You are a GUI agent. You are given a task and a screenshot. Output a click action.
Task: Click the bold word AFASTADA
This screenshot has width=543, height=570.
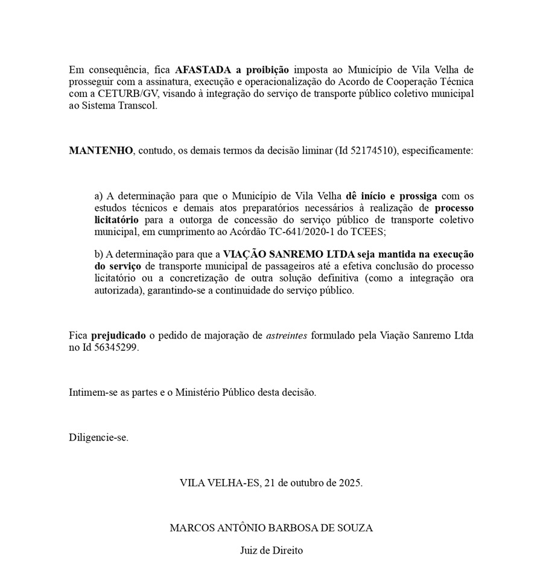click(x=203, y=69)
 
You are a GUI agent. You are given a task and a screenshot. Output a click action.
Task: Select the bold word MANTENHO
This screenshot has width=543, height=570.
click(x=101, y=151)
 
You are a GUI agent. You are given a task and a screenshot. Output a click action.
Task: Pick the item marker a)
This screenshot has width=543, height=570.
click(x=100, y=196)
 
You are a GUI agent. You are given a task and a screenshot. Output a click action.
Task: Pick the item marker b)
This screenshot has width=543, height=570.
click(x=100, y=254)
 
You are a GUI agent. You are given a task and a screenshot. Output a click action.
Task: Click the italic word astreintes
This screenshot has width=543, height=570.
click(x=287, y=336)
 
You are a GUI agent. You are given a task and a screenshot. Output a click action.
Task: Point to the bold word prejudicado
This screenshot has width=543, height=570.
click(x=118, y=336)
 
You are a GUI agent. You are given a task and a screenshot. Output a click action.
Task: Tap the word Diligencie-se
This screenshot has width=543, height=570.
click(x=98, y=437)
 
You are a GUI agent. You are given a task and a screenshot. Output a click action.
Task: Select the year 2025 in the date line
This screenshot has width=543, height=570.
click(x=349, y=483)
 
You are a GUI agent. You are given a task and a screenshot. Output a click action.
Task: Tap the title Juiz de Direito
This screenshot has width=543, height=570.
click(x=271, y=550)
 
